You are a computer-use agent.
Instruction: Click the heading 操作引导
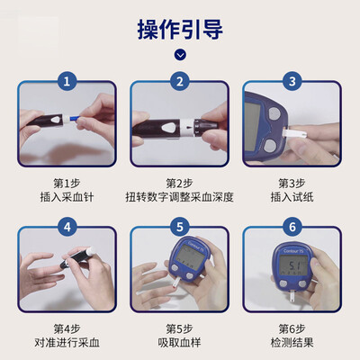click(180, 30)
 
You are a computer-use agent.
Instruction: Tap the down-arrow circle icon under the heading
click(180, 55)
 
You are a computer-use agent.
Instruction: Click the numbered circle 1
click(67, 81)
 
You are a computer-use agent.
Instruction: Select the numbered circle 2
click(180, 81)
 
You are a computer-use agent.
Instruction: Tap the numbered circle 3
click(292, 81)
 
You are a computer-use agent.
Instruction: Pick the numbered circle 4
click(67, 227)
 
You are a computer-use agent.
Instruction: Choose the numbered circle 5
click(180, 227)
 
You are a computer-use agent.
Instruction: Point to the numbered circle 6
click(292, 227)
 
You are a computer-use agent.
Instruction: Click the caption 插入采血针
click(67, 197)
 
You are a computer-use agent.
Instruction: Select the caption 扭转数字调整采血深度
click(179, 197)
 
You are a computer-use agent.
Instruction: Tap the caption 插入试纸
click(292, 197)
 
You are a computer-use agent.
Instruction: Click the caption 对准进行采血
click(67, 343)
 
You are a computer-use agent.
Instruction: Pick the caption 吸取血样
click(179, 343)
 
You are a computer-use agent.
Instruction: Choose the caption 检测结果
click(292, 343)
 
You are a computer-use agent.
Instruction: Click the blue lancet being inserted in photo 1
click(73, 119)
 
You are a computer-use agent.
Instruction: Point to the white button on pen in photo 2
click(169, 128)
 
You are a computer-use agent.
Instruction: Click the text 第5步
click(179, 328)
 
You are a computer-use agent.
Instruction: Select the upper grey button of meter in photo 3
click(274, 113)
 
